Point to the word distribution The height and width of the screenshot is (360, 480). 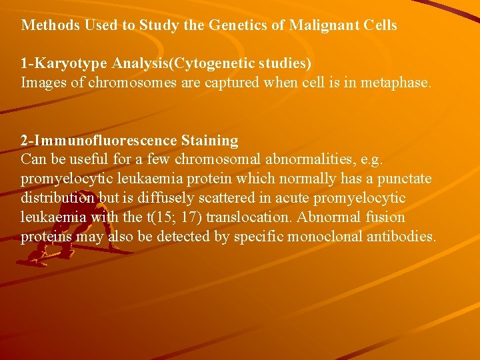click(59, 199)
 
